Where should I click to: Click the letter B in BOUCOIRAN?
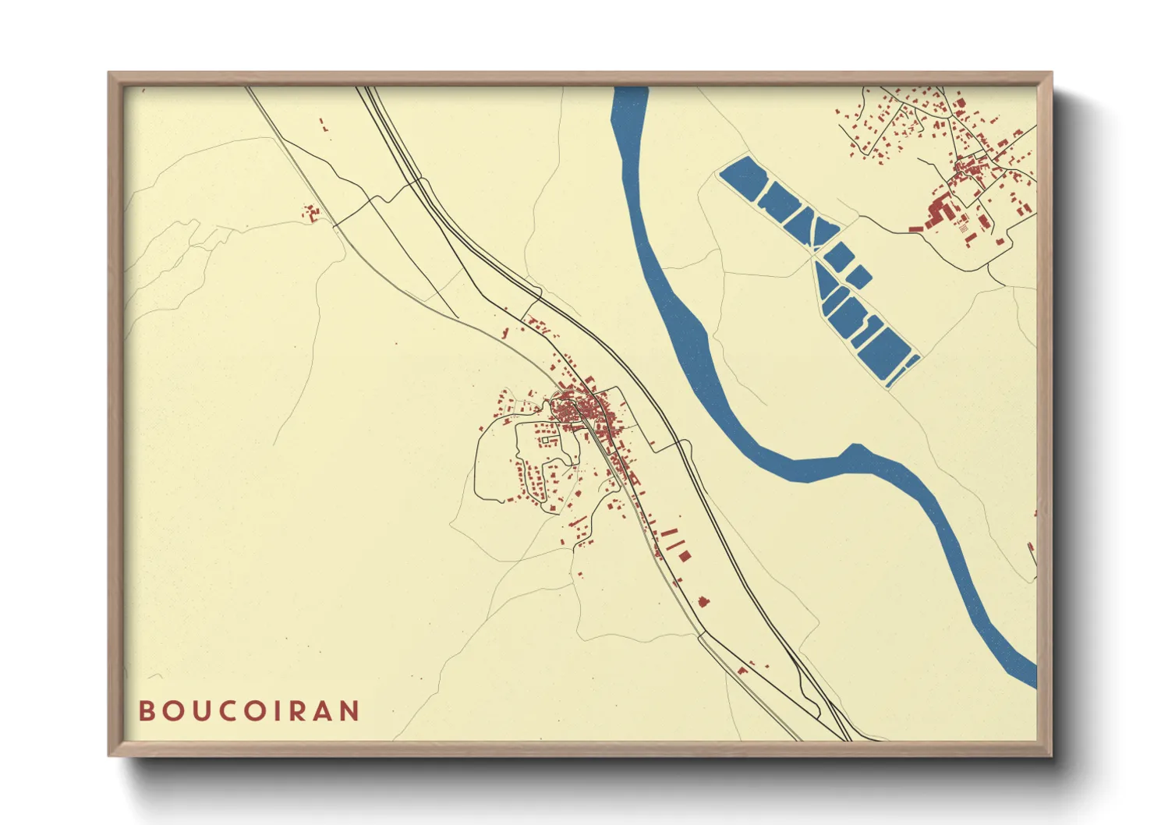click(146, 711)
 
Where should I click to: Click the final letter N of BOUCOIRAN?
click(350, 711)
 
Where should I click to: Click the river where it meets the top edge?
click(630, 92)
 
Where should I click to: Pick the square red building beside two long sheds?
click(685, 556)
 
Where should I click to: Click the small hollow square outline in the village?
click(544, 441)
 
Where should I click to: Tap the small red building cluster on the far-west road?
click(312, 212)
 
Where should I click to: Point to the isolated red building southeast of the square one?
click(703, 601)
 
